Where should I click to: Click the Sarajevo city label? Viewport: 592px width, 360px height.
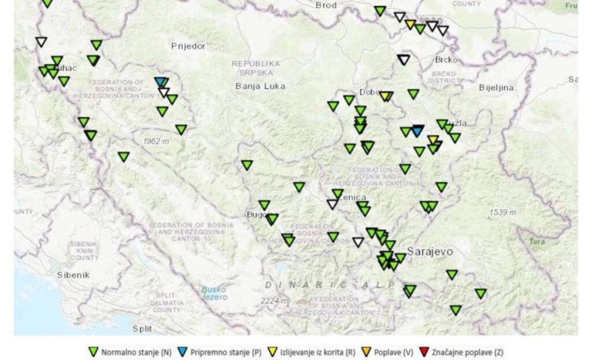click(430, 252)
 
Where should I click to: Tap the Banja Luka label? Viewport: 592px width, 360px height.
click(260, 86)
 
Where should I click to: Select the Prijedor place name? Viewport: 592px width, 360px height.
click(188, 46)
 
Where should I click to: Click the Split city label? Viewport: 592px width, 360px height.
click(142, 328)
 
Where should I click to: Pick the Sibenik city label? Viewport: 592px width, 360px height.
click(73, 275)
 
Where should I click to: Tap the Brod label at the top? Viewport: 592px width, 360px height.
click(326, 5)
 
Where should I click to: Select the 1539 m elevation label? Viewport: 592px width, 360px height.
click(503, 212)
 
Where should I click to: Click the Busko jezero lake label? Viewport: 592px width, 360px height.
click(214, 293)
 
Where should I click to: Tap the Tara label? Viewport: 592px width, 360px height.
click(537, 242)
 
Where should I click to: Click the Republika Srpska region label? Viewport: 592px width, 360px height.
click(256, 68)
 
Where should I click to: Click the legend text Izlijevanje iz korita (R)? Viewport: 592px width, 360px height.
click(317, 352)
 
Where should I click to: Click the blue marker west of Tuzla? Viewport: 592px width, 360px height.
click(417, 132)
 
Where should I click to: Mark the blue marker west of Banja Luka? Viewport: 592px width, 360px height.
click(160, 82)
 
